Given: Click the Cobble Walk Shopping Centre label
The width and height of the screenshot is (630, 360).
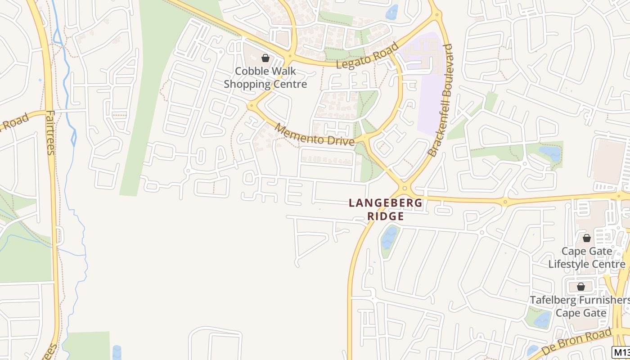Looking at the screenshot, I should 265,77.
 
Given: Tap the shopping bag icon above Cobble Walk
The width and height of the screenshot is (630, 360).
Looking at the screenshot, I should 265,58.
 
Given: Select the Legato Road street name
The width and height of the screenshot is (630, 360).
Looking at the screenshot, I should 368,55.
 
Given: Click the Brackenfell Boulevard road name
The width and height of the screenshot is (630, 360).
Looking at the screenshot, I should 441,100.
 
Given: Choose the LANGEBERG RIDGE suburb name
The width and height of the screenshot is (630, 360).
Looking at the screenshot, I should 386,209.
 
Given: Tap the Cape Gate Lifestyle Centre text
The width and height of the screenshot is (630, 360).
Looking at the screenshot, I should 586,257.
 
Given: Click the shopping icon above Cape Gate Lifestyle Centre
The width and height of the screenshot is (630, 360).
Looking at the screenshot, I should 586,238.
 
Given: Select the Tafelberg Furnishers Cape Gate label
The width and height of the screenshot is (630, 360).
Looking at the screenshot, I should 580,306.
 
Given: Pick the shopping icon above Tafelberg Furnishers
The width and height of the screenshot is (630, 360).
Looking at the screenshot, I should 581,287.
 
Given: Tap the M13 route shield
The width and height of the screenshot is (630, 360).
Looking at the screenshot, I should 621,352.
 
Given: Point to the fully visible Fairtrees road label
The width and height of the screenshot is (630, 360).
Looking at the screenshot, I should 50,133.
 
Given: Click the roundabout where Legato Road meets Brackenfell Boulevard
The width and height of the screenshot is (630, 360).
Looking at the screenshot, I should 436,16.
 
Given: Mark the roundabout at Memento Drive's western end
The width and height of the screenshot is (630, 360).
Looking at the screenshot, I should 251,106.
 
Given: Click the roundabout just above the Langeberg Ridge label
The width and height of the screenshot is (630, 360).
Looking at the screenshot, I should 404,189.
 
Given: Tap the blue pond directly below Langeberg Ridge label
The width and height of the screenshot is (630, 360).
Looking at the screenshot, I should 389,238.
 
